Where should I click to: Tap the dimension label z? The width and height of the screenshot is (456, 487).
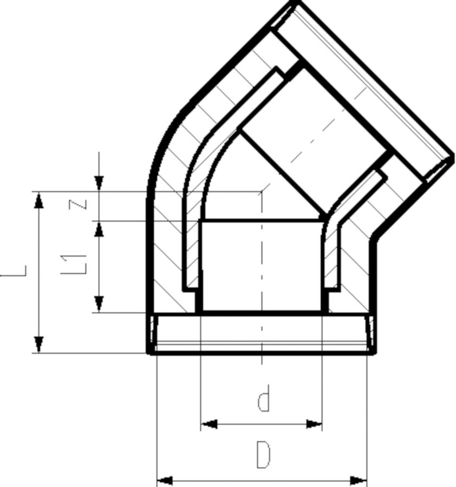(77, 205)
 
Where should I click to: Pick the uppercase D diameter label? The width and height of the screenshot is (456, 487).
(263, 455)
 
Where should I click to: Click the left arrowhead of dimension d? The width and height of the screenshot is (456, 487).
(209, 424)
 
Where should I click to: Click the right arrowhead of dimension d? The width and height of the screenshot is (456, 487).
(314, 424)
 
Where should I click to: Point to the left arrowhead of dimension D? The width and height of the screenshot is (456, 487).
(165, 481)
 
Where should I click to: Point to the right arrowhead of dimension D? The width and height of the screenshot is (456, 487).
(359, 481)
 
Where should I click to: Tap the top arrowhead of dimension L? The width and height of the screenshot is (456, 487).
(38, 200)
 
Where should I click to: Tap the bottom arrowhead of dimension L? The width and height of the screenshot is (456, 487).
(38, 345)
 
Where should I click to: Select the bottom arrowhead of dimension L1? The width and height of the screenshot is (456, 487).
(99, 304)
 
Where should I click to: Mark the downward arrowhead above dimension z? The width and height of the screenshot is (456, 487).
(99, 183)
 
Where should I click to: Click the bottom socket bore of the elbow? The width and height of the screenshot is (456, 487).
(262, 265)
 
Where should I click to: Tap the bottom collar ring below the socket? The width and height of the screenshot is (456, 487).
(262, 333)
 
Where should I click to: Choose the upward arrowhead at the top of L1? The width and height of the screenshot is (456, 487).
(99, 229)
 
